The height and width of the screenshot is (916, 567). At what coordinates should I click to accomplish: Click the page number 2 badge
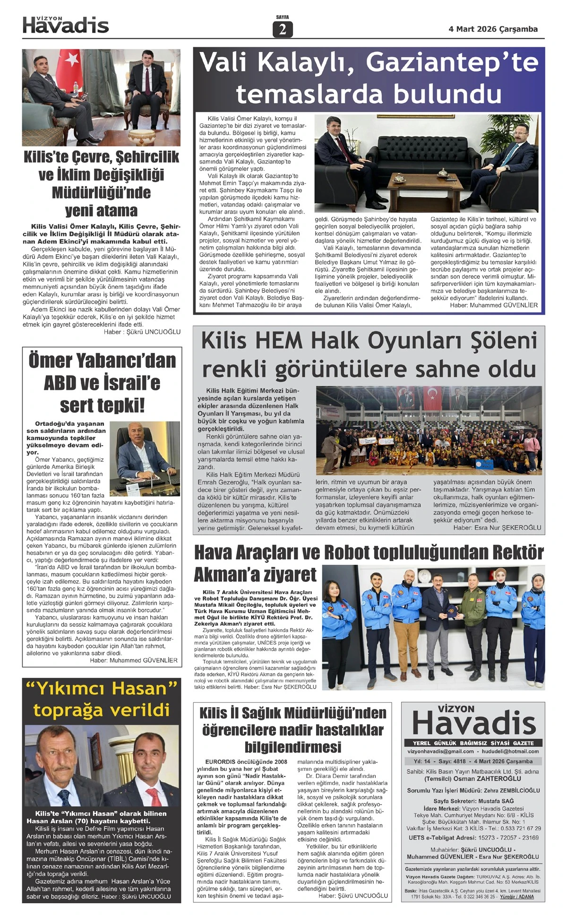pyautogui.click(x=283, y=29)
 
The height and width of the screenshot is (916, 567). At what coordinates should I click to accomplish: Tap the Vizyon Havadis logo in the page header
pyautogui.click(x=66, y=25)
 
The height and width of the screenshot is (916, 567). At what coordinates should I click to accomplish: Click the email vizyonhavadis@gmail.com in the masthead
pyautogui.click(x=440, y=751)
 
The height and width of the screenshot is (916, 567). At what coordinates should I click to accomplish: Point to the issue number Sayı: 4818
pyautogui.click(x=452, y=761)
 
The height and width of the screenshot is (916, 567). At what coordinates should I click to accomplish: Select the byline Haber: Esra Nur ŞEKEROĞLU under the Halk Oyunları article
pyautogui.click(x=497, y=527)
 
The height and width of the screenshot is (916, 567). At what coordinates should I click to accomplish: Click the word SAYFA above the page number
pyautogui.click(x=283, y=17)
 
